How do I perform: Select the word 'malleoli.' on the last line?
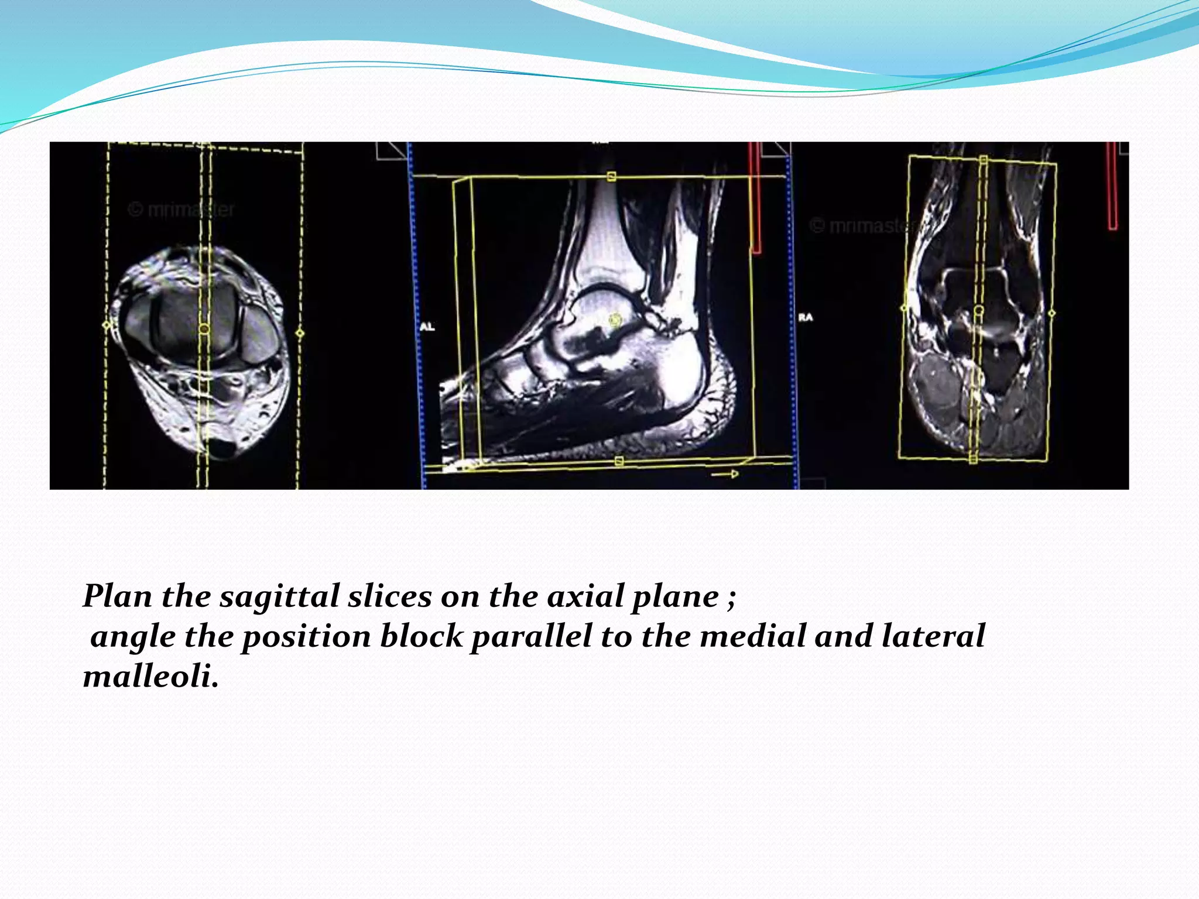[x=151, y=677]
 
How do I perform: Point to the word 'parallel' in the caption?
[x=532, y=637]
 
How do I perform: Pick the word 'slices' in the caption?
[x=389, y=597]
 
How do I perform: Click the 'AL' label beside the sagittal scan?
[x=427, y=327]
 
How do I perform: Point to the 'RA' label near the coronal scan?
[x=806, y=317]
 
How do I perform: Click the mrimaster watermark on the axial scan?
[x=181, y=209]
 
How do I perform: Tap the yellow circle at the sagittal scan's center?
[x=615, y=320]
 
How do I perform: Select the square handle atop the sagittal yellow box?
[x=611, y=176]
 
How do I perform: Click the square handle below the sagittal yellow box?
[x=619, y=462]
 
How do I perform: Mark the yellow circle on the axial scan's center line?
[x=204, y=329]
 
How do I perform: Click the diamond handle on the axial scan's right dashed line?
[x=300, y=333]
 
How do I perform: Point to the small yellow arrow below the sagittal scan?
[x=725, y=474]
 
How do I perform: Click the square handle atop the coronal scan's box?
[x=984, y=160]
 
